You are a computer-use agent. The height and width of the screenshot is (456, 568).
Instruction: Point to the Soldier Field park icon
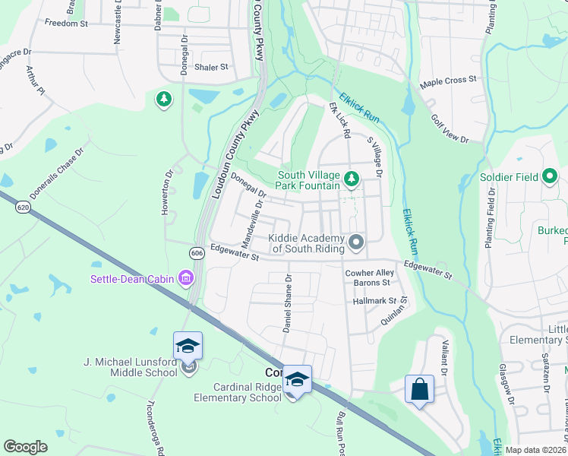(x=551, y=178)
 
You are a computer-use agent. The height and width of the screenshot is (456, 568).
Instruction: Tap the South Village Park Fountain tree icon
(x=351, y=179)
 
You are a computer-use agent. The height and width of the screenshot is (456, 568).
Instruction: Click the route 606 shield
(x=197, y=253)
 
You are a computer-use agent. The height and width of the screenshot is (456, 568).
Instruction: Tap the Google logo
(x=26, y=447)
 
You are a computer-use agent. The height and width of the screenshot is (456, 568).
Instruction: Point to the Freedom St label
(x=66, y=24)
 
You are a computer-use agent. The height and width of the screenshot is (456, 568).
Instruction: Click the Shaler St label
(x=211, y=67)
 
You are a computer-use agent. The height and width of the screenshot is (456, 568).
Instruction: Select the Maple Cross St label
(x=448, y=79)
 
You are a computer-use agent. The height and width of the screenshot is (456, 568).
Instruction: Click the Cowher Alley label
(x=370, y=273)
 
